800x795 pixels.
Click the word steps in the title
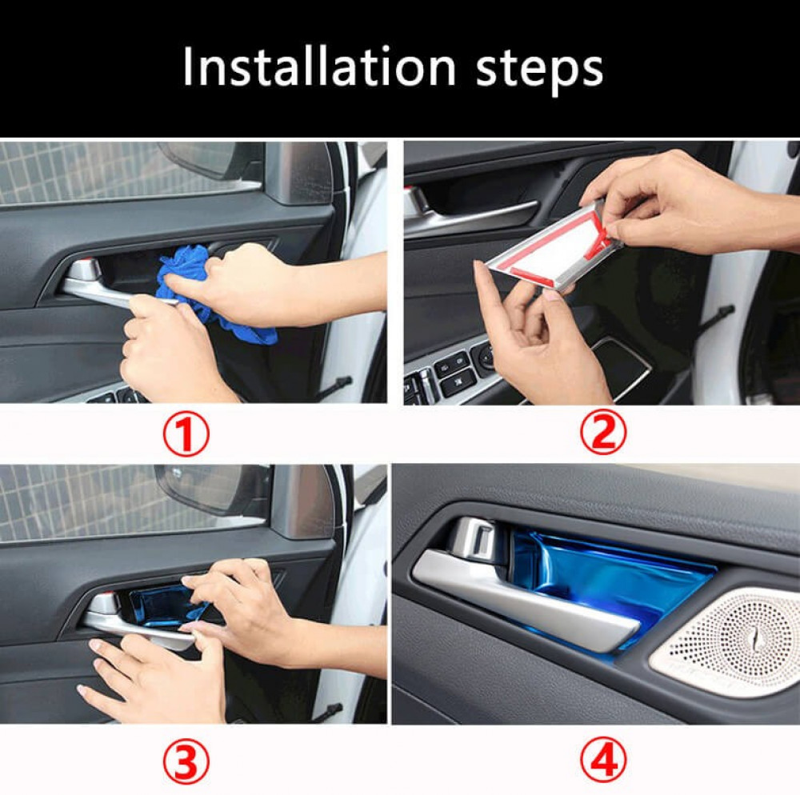[539, 70]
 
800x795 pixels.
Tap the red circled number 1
[186, 434]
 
